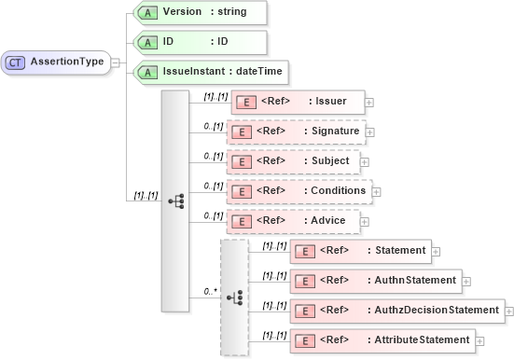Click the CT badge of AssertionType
(x=16, y=62)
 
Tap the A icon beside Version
(x=146, y=12)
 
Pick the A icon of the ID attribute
(x=146, y=42)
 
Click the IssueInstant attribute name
(x=193, y=71)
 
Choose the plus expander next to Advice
(x=365, y=222)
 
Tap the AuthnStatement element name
(x=416, y=280)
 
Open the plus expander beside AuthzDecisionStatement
(x=509, y=310)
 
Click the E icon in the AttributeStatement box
(x=304, y=339)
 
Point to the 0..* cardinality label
(x=211, y=292)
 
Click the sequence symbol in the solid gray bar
(x=175, y=201)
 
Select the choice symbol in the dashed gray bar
(x=235, y=298)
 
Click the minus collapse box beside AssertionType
(x=115, y=62)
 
